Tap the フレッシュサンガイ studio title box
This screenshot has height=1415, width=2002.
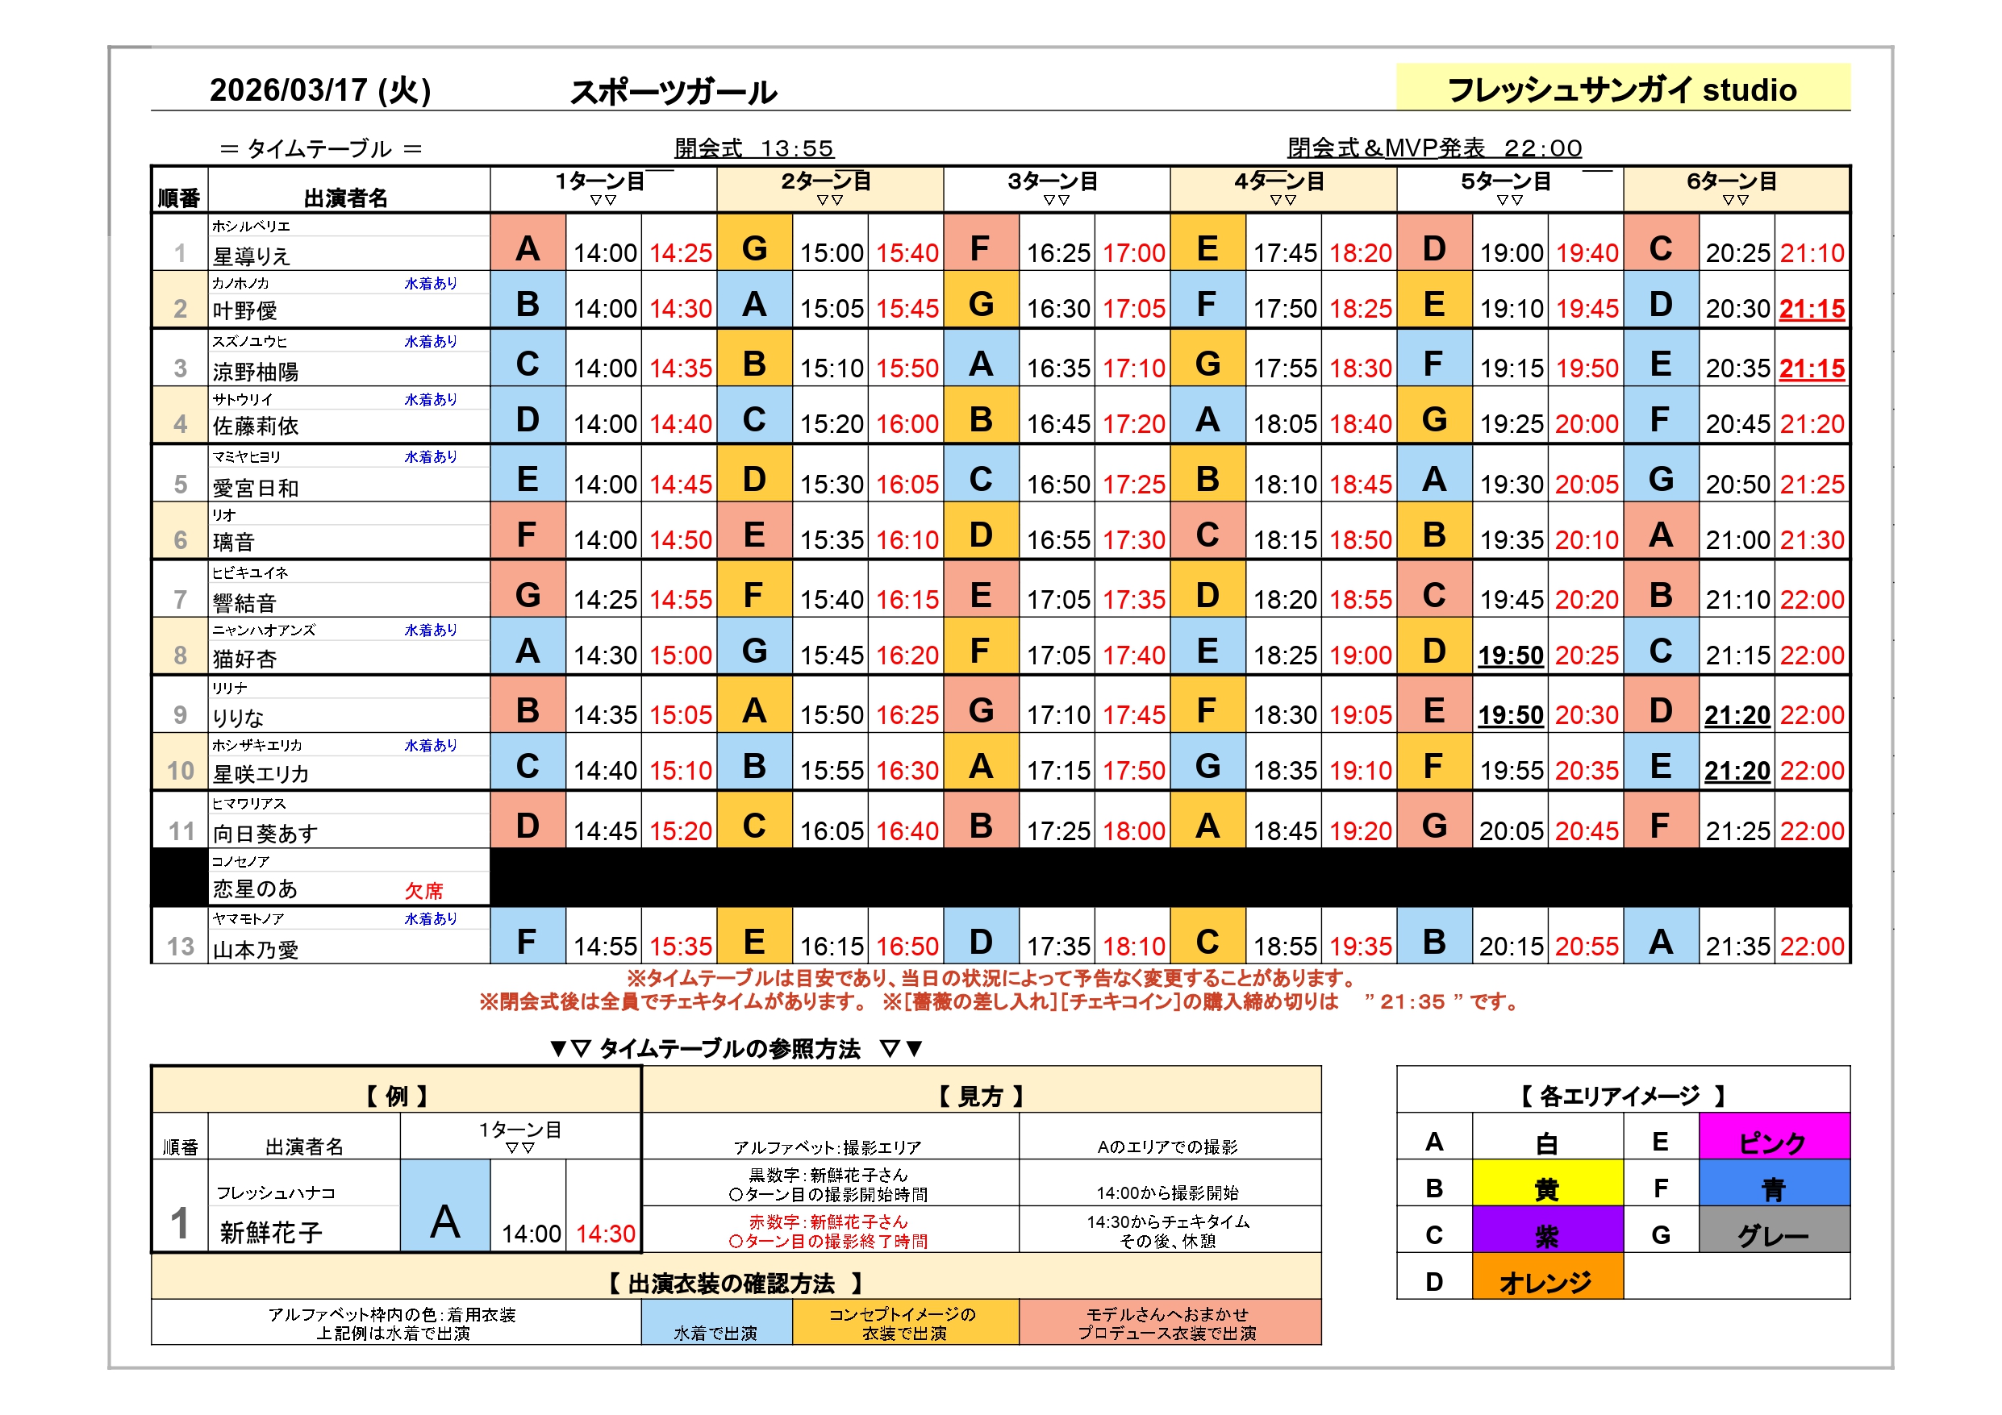1622,89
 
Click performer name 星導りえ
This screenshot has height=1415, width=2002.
251,256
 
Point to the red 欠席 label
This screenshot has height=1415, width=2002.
423,890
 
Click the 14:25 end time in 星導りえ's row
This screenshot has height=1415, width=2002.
680,254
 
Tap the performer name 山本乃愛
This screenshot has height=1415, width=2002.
256,950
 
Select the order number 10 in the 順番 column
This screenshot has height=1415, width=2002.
181,771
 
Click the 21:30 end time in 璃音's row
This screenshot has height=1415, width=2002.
1812,540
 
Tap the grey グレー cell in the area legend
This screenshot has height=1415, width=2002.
1773,1235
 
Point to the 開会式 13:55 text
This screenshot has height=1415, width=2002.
754,148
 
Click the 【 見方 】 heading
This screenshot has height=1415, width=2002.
981,1096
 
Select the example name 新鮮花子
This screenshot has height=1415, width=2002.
271,1232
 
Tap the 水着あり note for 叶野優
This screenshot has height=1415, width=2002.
431,283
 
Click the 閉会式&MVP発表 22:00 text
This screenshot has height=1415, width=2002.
1434,148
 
